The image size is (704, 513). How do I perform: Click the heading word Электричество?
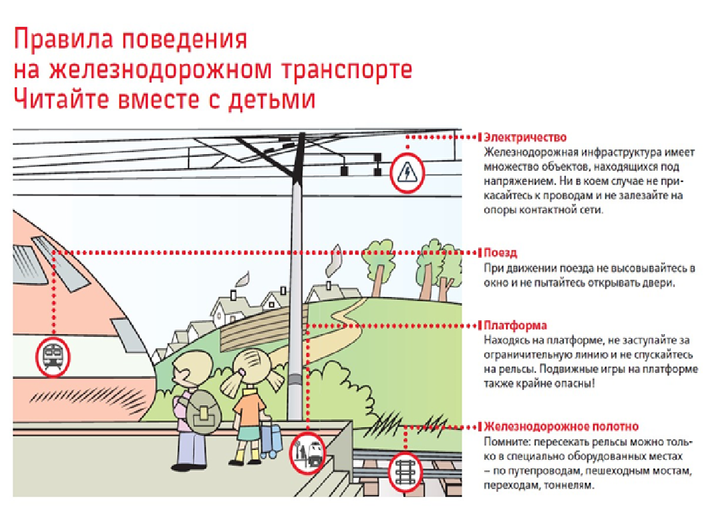(x=525, y=137)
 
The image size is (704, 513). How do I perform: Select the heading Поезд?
(x=500, y=253)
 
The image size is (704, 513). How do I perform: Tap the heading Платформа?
(x=515, y=325)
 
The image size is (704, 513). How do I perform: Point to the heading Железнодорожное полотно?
(x=561, y=427)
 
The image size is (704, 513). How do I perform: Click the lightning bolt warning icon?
(x=406, y=173)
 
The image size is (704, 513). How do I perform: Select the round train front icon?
(x=53, y=357)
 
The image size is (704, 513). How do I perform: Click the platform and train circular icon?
(x=308, y=452)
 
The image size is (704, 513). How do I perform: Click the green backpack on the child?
(x=203, y=413)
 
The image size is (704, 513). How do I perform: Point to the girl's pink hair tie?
(x=241, y=372)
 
